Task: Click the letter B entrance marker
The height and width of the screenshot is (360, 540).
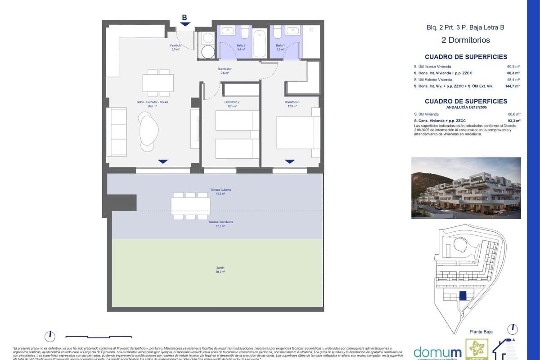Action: [184, 18]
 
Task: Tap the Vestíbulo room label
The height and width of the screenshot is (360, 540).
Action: [175, 47]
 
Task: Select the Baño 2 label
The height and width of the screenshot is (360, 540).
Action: [241, 47]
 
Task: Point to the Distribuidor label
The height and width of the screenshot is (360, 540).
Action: [224, 71]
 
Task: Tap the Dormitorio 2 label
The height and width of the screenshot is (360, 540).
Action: [232, 104]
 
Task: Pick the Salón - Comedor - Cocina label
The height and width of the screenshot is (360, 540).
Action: [152, 104]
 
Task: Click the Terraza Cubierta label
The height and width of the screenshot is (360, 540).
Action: [220, 192]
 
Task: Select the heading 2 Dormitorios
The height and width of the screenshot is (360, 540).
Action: [465, 40]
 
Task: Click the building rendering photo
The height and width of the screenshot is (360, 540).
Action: [466, 188]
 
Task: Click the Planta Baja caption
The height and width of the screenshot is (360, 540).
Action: [481, 332]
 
